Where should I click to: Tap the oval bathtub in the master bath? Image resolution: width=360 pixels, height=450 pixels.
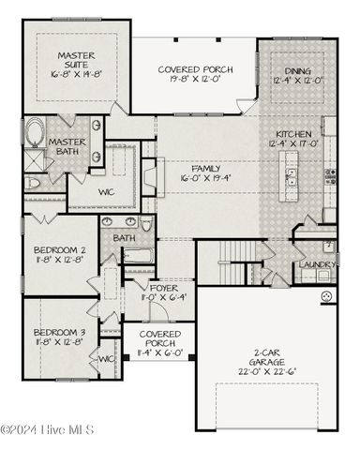point(37,133)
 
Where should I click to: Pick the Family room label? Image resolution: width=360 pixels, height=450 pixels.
point(205,168)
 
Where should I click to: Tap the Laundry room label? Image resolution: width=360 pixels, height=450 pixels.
point(320,264)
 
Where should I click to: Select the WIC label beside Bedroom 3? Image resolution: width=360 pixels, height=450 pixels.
point(106,358)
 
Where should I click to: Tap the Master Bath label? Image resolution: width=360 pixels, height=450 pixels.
point(67,147)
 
